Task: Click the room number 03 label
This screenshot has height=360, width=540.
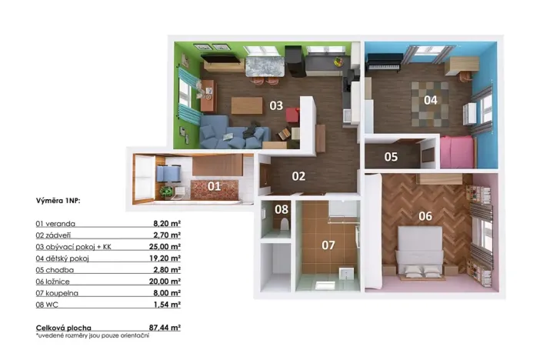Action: coord(275,105)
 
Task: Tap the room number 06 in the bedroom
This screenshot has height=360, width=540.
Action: coord(425,216)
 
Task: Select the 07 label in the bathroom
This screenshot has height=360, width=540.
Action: coord(328,246)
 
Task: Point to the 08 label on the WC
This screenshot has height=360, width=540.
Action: coord(282,209)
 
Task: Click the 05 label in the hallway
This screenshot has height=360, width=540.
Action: coord(392,158)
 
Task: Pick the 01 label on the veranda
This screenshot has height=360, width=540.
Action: coord(214,185)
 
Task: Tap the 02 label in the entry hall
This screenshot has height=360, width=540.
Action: coord(298,176)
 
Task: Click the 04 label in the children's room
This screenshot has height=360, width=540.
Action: coord(430,100)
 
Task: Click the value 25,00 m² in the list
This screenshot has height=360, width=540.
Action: coord(165,247)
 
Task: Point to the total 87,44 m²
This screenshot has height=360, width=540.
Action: coord(165,328)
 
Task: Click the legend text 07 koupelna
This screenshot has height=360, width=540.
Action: coord(56,293)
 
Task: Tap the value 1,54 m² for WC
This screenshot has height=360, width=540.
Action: coord(167,305)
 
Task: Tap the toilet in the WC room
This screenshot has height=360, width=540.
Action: coord(285,225)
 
